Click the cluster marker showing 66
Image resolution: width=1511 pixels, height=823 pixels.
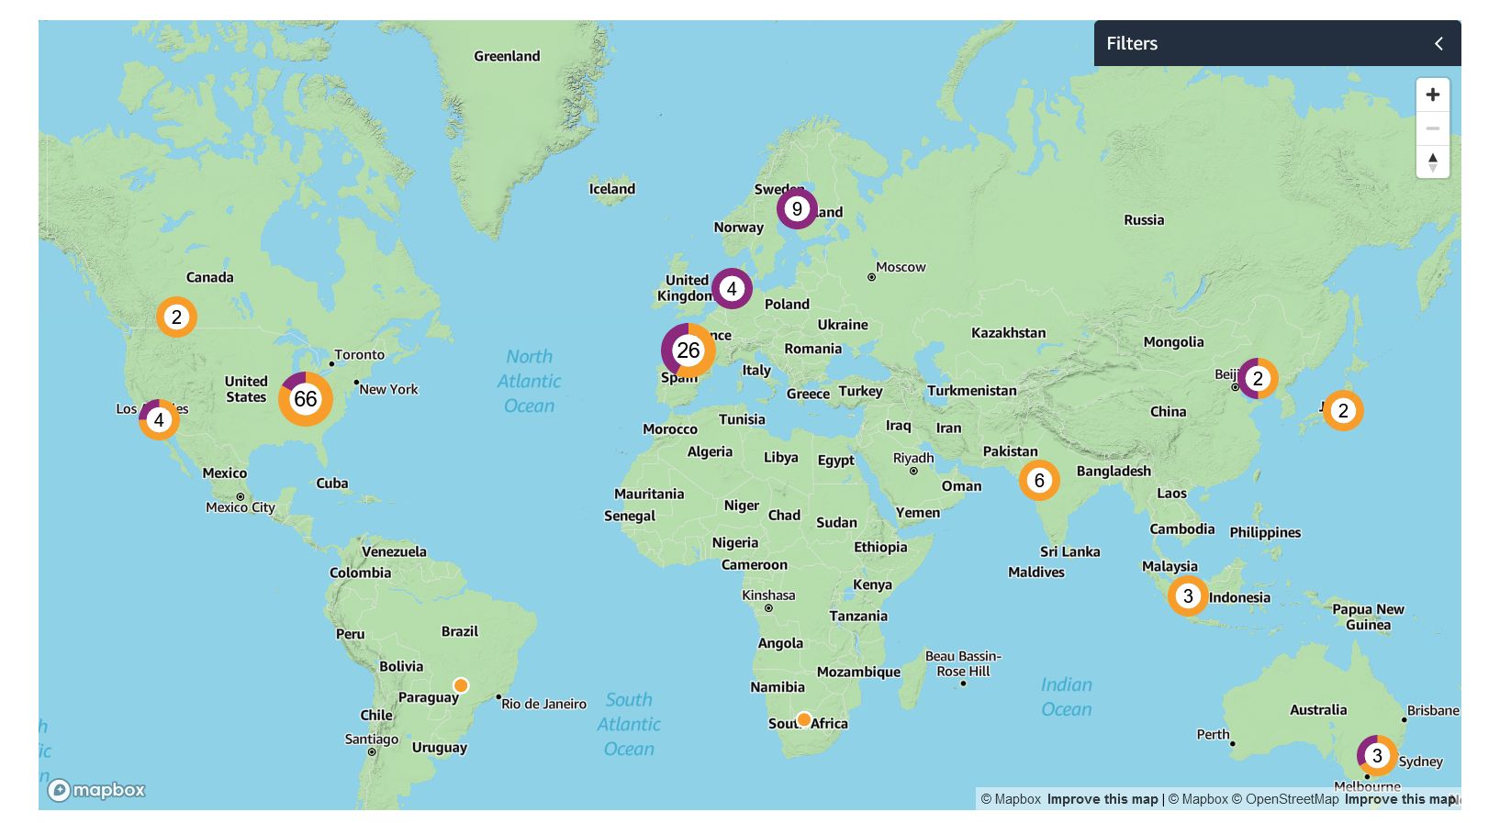pos(306,399)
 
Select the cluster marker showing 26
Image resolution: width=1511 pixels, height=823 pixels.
pos(688,350)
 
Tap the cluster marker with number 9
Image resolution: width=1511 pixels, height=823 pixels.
pos(797,209)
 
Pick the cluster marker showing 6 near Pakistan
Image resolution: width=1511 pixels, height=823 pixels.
pos(1039,481)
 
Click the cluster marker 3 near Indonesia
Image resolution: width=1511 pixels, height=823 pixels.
pos(1188,596)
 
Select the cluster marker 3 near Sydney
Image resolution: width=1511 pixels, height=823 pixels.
pos(1377,756)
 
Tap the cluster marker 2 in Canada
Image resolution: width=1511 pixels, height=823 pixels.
pos(176,317)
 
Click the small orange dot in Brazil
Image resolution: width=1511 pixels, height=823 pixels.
pos(461,685)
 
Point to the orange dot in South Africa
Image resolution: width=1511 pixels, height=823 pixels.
pos(804,719)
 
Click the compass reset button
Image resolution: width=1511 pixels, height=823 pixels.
pos(1432,162)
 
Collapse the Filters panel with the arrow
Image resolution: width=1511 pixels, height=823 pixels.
pos(1438,44)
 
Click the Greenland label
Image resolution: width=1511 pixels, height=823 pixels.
pos(507,57)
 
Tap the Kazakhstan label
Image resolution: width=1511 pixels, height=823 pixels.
pos(1008,333)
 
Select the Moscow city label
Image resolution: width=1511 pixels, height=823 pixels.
pos(900,268)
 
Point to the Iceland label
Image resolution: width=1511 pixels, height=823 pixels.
pos(611,189)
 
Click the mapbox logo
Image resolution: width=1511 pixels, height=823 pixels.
pos(97,790)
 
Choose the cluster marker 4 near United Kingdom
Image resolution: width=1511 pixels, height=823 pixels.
pos(732,289)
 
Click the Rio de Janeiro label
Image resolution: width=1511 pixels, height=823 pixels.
pos(543,705)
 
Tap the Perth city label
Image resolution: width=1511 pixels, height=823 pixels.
pos(1213,735)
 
